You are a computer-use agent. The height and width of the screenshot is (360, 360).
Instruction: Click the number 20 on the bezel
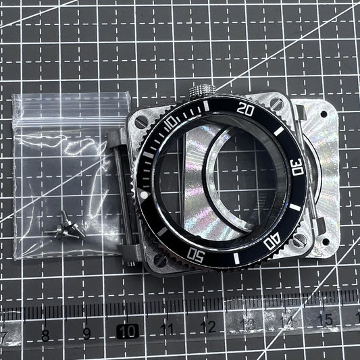click(x=247, y=109)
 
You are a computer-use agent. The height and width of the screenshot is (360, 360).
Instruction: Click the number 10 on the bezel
click(x=171, y=121)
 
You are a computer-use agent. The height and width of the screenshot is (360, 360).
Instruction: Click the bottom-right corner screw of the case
click(x=300, y=239)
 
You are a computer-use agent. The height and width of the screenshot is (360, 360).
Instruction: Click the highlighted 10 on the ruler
click(x=126, y=331)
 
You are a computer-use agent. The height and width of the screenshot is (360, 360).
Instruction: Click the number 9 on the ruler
click(x=86, y=333)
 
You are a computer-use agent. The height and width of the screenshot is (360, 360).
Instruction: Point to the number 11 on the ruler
click(x=168, y=330)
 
